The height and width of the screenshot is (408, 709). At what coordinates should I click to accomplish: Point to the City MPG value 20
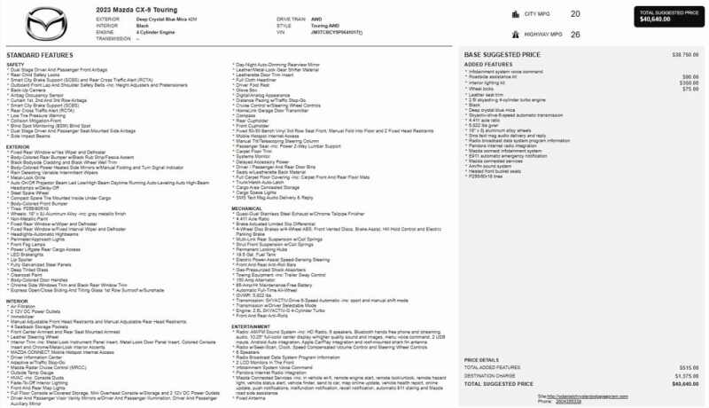575,14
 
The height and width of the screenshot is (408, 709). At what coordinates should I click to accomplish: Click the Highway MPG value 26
575,34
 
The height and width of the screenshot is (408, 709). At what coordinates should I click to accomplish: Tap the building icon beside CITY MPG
516,14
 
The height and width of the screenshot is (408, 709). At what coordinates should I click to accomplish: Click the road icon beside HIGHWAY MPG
516,34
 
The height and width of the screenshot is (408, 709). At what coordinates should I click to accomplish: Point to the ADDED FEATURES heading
487,64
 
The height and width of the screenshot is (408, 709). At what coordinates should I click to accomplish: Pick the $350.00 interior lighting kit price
690,82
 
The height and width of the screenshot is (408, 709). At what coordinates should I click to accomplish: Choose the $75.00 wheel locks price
692,89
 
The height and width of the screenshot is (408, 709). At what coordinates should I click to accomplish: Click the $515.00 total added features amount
690,366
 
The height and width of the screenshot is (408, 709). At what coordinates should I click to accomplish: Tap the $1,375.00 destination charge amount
688,375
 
